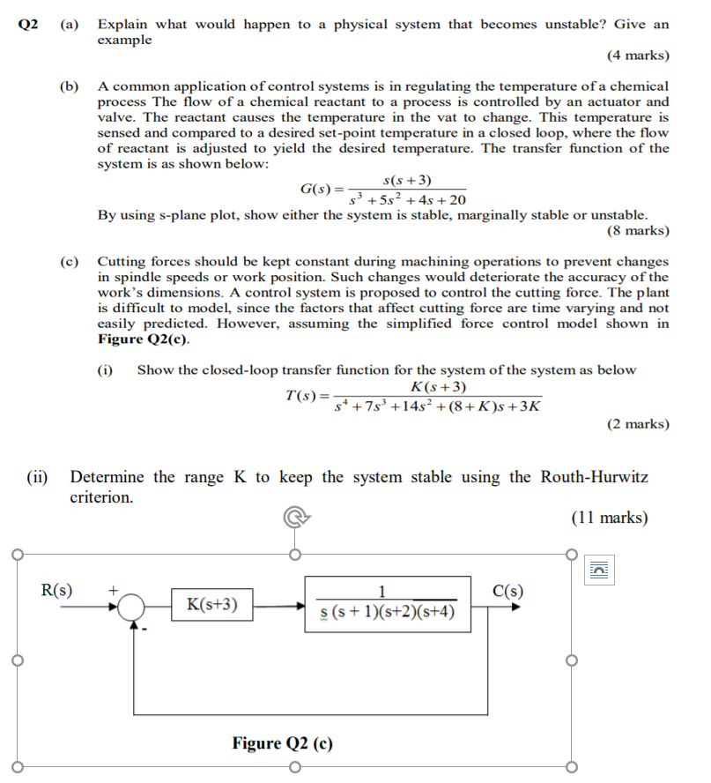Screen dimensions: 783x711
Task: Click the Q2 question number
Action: click(29, 25)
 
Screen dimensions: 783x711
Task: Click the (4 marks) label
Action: click(638, 56)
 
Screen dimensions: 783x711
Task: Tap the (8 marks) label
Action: click(638, 231)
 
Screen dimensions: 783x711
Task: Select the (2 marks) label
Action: click(638, 424)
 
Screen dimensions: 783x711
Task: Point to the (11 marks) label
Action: click(610, 518)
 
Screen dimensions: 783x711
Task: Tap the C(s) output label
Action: click(510, 590)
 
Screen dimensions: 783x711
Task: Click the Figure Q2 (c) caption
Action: click(283, 742)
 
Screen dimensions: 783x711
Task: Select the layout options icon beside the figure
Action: click(599, 570)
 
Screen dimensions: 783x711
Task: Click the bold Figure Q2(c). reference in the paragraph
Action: click(143, 339)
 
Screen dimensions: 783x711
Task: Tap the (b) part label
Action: click(69, 86)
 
